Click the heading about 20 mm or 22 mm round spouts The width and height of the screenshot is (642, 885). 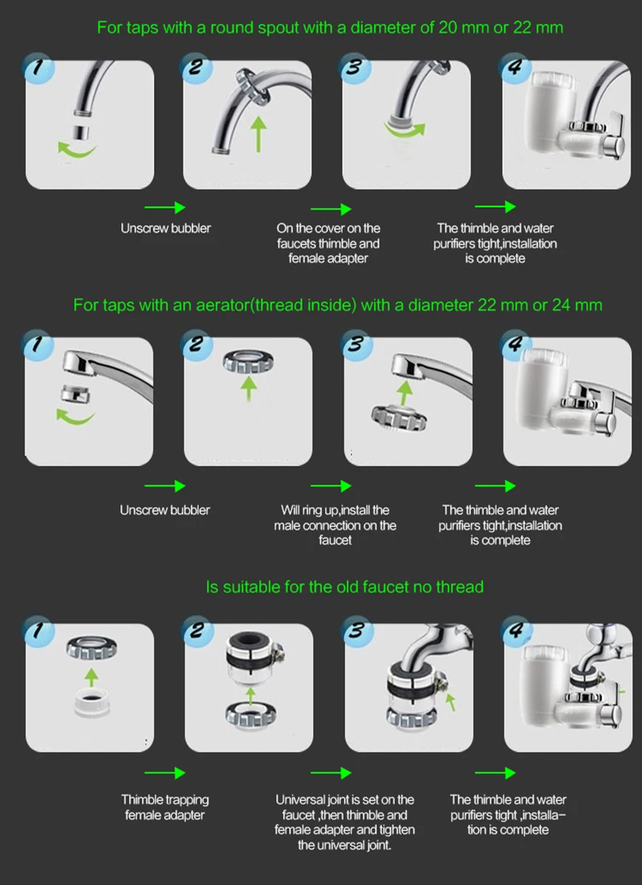click(330, 27)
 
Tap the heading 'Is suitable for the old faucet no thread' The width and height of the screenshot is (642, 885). click(344, 587)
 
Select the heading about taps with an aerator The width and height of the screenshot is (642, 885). click(337, 305)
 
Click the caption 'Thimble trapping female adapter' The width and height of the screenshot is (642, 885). click(165, 807)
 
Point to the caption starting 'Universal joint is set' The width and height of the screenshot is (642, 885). click(345, 822)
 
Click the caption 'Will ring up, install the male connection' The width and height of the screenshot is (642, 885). click(335, 525)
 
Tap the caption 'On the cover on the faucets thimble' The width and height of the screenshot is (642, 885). click(328, 243)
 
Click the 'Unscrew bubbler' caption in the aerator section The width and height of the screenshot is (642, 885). click(165, 510)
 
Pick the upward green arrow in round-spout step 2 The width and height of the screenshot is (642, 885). click(258, 134)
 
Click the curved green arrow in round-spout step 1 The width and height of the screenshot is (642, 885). click(76, 151)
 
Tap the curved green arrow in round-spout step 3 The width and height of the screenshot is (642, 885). click(405, 131)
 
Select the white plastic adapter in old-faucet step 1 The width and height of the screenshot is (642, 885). click(91, 703)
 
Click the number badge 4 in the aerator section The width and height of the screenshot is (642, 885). click(514, 345)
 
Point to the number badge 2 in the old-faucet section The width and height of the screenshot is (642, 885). click(197, 630)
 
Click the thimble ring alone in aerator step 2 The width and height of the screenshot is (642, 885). click(248, 361)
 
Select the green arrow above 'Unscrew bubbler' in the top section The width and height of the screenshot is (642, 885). click(165, 208)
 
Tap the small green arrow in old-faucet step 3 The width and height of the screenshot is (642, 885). click(450, 702)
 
